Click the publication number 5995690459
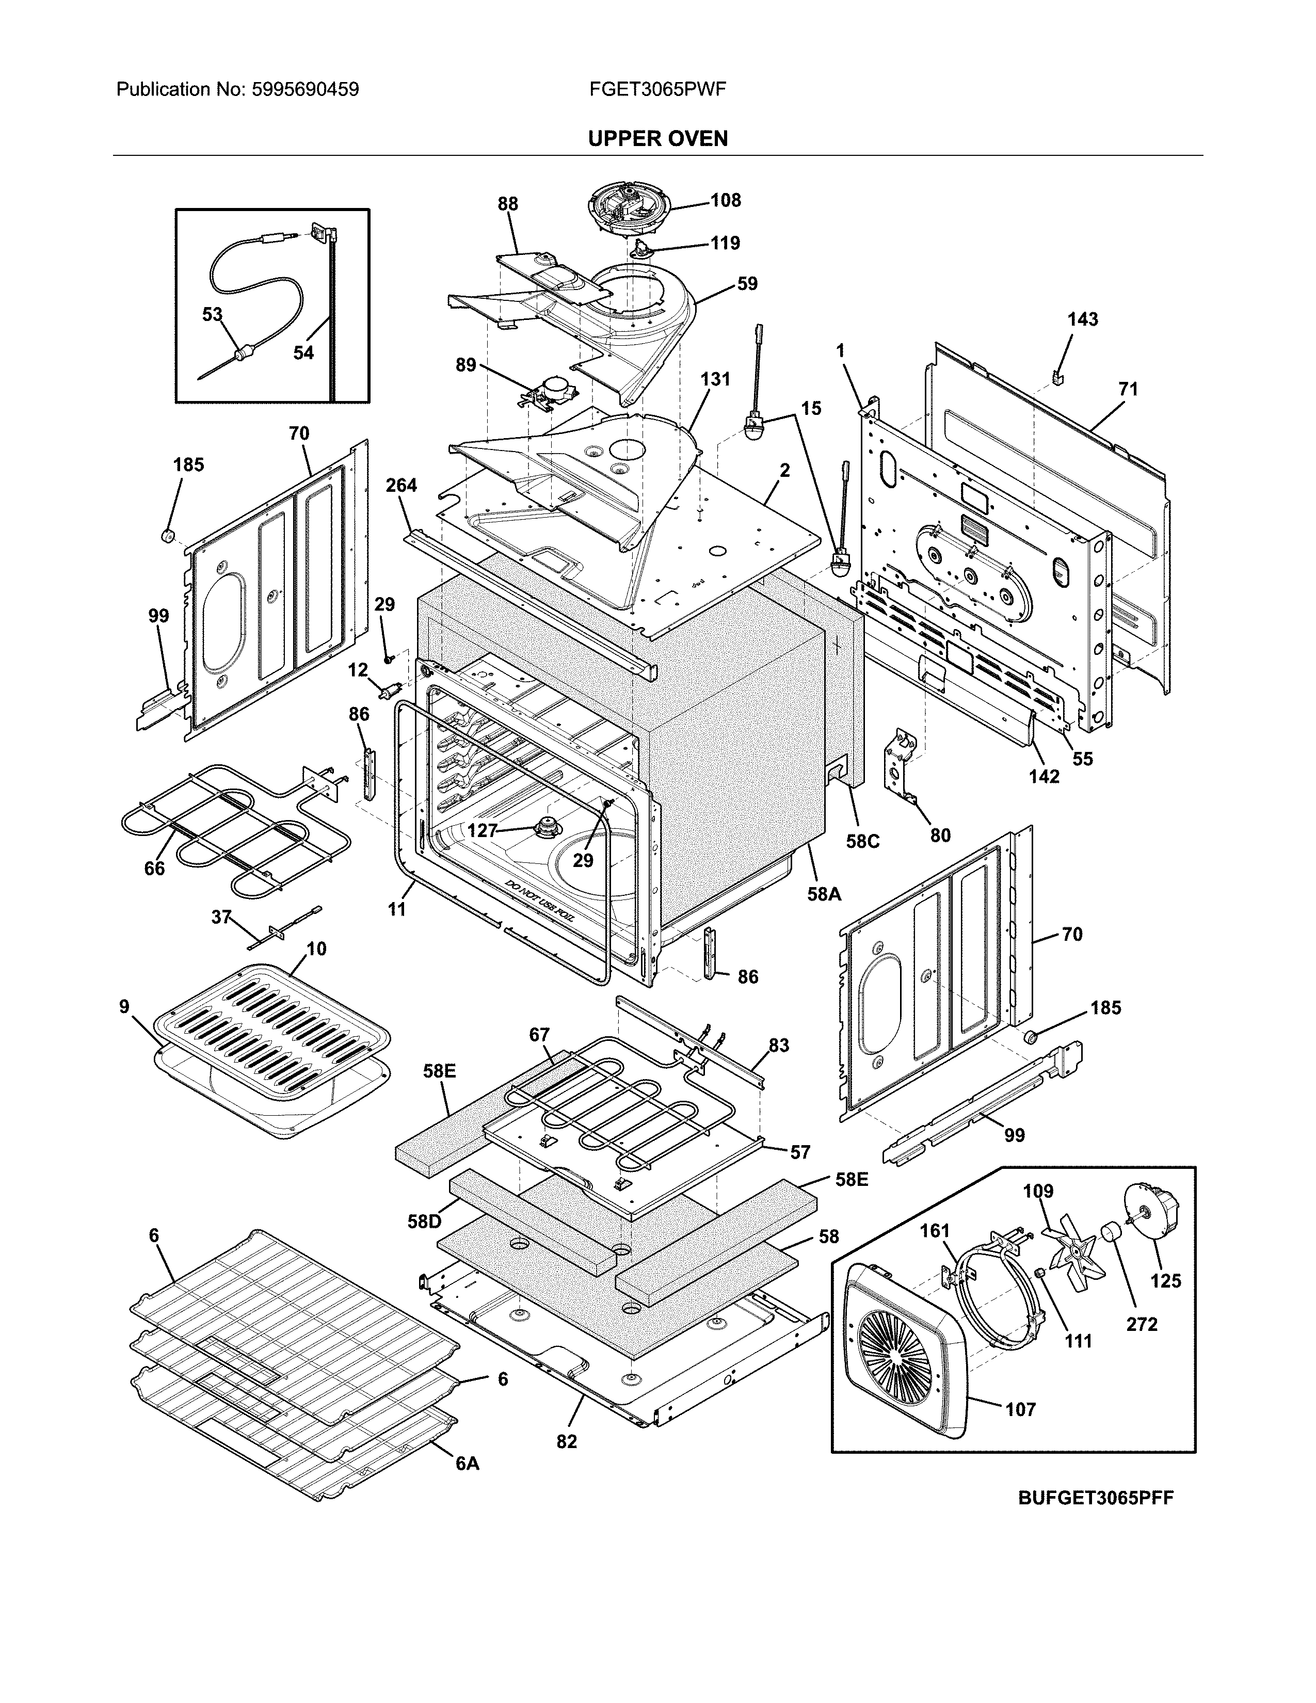pyautogui.click(x=305, y=90)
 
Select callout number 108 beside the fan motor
pyautogui.click(x=725, y=200)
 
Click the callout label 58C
pyautogui.click(x=863, y=841)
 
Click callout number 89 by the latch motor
pyautogui.click(x=466, y=364)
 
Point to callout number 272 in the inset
pyautogui.click(x=1142, y=1324)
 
